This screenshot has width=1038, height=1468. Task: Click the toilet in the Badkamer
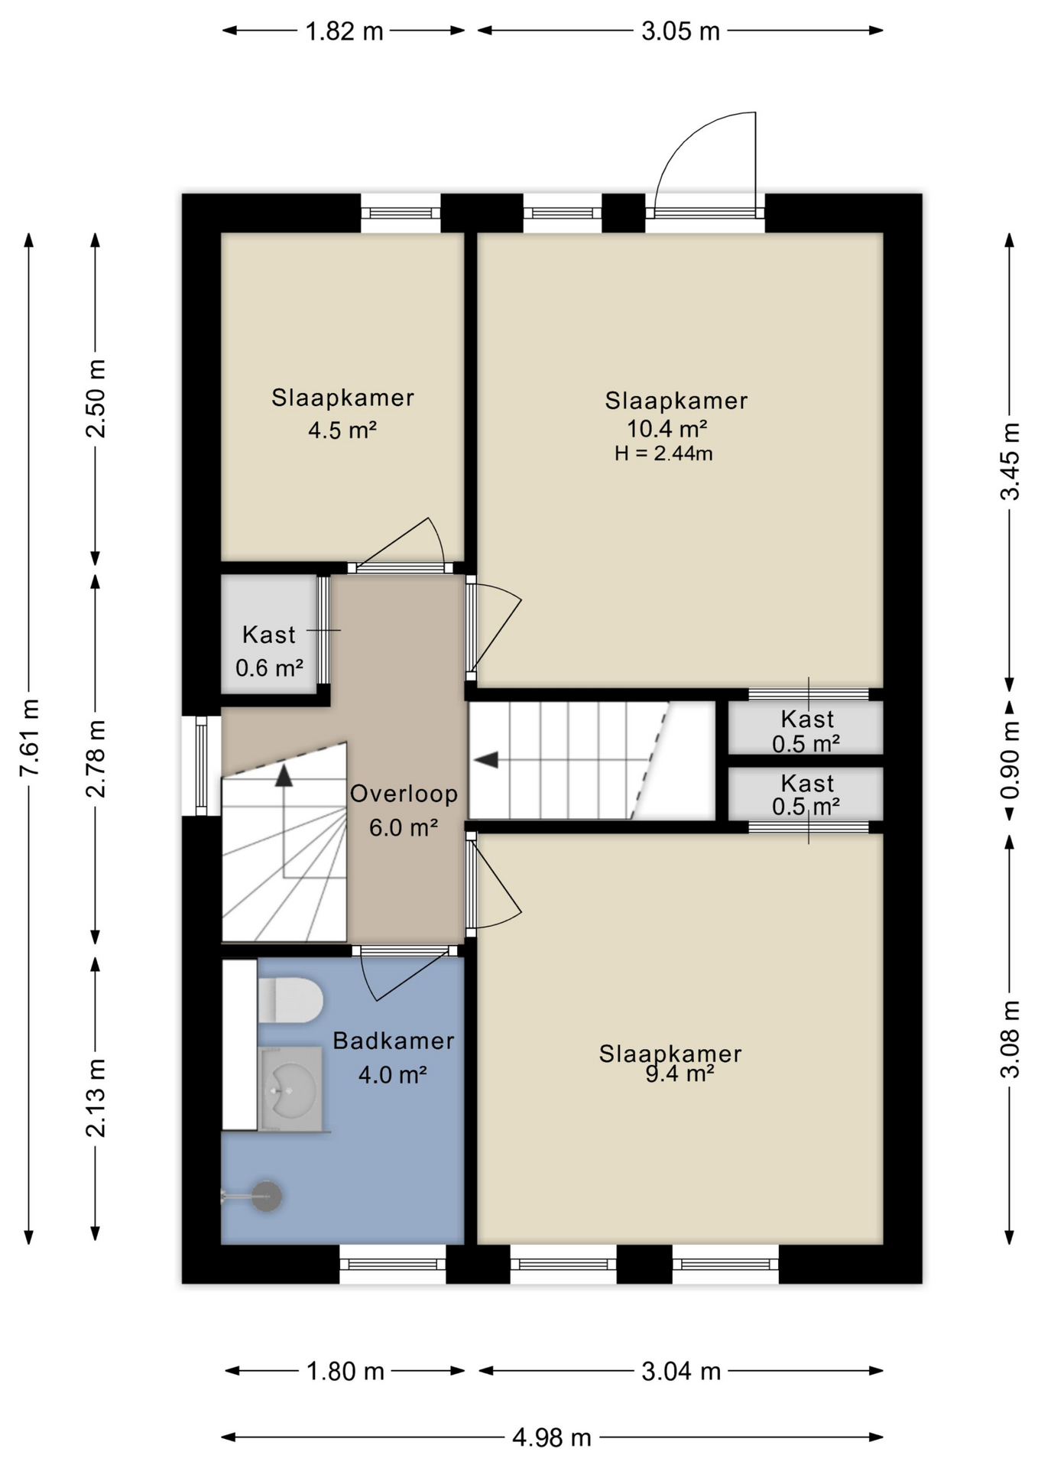pyautogui.click(x=290, y=999)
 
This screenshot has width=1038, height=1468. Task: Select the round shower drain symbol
pyautogui.click(x=267, y=1196)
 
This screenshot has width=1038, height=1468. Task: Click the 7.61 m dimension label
pyautogui.click(x=30, y=738)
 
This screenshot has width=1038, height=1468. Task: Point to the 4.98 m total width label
pyautogui.click(x=551, y=1437)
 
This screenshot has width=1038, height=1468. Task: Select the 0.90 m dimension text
pyautogui.click(x=1010, y=761)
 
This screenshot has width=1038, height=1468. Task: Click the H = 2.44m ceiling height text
pyautogui.click(x=663, y=453)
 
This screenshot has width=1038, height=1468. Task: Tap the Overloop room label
pyautogui.click(x=404, y=794)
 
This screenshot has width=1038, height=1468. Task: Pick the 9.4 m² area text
pyautogui.click(x=680, y=1073)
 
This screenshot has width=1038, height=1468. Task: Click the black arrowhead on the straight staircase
pyautogui.click(x=486, y=760)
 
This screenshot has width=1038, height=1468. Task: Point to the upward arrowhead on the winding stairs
pyautogui.click(x=284, y=775)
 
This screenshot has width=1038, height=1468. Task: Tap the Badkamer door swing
pyautogui.click(x=405, y=975)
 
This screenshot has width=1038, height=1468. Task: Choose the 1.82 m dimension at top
pyautogui.click(x=344, y=31)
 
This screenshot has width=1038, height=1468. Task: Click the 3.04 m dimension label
pyautogui.click(x=680, y=1371)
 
